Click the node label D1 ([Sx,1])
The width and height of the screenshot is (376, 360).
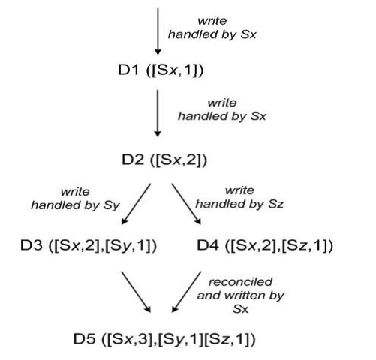click(161, 70)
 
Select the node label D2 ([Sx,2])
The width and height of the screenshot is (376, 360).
click(164, 160)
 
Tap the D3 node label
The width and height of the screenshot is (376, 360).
click(89, 245)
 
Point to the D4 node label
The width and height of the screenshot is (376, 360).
click(265, 245)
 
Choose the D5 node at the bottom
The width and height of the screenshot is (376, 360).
click(164, 339)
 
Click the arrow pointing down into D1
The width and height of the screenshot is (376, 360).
click(158, 31)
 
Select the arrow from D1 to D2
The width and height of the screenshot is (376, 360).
click(158, 113)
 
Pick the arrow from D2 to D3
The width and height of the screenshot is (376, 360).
click(136, 204)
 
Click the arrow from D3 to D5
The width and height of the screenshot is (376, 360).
click(136, 292)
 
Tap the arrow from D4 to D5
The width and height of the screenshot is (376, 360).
click(186, 292)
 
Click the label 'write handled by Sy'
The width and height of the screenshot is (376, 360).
click(75, 199)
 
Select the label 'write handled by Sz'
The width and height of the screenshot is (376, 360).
click(239, 197)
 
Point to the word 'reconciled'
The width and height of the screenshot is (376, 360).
click(240, 282)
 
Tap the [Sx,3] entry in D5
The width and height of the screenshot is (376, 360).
click(130, 339)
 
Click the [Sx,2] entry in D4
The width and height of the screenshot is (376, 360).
click(253, 245)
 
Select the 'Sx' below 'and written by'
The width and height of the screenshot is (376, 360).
click(240, 309)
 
